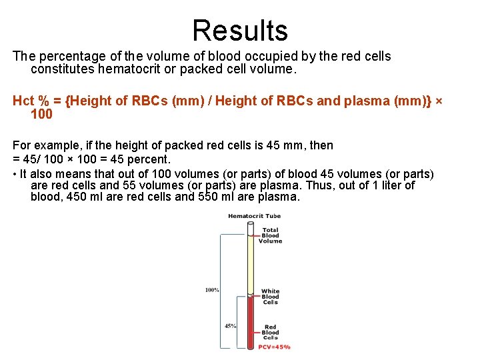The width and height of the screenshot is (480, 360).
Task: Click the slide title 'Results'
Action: point(240,31)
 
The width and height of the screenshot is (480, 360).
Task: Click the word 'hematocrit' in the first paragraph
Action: point(129,69)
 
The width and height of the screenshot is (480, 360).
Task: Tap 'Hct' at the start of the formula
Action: point(24,101)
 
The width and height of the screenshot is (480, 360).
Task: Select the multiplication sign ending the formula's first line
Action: point(439,101)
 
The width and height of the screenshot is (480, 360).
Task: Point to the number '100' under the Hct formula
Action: point(41,114)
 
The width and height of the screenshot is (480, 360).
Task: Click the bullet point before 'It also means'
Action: point(15,174)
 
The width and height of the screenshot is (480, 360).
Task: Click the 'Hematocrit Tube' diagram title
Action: point(253,216)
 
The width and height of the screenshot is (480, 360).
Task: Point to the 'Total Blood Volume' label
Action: point(271,235)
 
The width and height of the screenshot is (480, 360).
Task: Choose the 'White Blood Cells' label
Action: point(270,297)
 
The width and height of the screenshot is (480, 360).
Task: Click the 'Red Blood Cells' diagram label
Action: point(270,332)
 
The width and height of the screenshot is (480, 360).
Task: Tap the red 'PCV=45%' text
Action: point(273,347)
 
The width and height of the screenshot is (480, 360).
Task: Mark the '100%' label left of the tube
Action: point(212,290)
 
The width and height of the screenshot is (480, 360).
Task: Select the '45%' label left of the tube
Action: point(230,326)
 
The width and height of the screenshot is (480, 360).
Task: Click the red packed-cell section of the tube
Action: point(251,323)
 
